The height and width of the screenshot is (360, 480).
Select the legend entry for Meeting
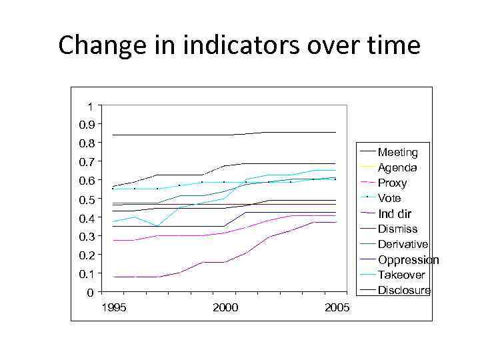tap(397, 153)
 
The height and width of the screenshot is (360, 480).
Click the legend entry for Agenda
tap(397, 168)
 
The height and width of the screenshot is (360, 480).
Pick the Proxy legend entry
tap(392, 183)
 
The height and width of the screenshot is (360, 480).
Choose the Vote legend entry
tap(389, 199)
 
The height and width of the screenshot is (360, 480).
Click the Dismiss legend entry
tap(397, 229)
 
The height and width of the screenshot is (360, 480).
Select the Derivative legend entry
tap(403, 245)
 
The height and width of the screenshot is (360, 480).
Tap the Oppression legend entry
tap(408, 260)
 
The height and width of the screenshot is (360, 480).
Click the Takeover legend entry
tap(401, 275)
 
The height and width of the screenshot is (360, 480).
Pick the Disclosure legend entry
tap(404, 291)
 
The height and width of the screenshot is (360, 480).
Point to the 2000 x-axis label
tap(225, 307)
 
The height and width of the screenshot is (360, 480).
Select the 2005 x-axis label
tap(336, 307)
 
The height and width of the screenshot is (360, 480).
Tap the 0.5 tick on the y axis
tap(87, 199)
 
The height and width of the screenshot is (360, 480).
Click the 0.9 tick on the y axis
tap(87, 125)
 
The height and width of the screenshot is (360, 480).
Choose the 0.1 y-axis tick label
tap(87, 274)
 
